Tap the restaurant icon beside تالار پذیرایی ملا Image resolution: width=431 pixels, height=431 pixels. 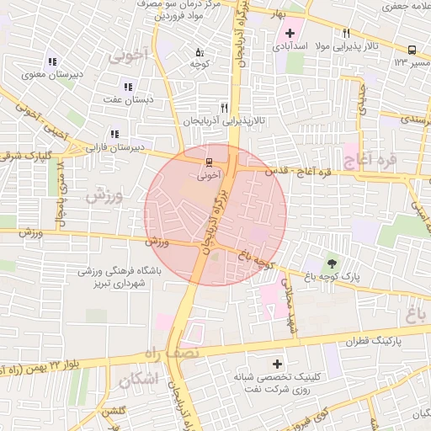tap(345, 33)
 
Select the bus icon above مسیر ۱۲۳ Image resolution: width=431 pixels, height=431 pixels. tap(412, 50)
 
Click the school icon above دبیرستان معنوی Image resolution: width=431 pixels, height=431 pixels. tap(52, 61)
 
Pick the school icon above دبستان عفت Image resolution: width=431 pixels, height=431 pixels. tap(128, 87)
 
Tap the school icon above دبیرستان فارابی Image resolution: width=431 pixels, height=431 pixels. tap(114, 134)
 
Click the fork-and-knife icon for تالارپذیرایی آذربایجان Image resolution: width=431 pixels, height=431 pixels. tap(224, 108)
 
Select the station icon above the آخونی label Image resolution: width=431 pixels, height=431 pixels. tap(208, 162)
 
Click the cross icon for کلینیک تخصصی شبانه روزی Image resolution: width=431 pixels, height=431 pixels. tap(277, 364)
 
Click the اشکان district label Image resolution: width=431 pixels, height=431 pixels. tap(139, 380)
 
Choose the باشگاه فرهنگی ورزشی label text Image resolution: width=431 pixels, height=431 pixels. tap(114, 272)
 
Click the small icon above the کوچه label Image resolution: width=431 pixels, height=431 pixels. tap(200, 51)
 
